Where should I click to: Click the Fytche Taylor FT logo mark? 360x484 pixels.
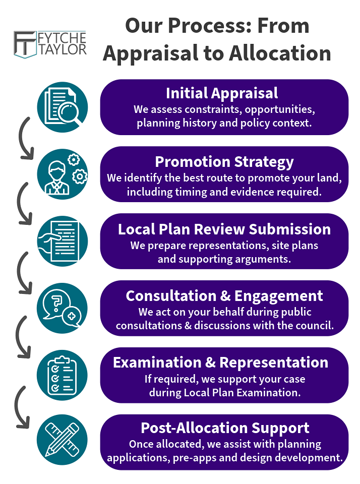[x=26, y=44]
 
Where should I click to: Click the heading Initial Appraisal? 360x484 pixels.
[x=222, y=93]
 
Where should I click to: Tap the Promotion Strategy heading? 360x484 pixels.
[x=224, y=161]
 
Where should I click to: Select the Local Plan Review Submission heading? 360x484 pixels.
[x=224, y=229]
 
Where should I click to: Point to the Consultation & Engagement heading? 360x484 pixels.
[x=224, y=295]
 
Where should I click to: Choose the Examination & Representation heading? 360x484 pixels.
[x=220, y=362]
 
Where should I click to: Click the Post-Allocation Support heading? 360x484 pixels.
[x=225, y=428]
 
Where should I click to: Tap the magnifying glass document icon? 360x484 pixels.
[x=63, y=107]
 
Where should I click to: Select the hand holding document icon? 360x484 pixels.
[x=63, y=241]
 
